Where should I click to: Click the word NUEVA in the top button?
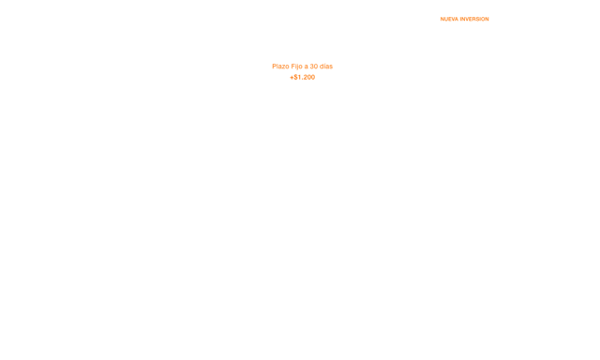pyautogui.click(x=449, y=19)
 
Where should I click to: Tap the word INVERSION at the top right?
pyautogui.click(x=474, y=19)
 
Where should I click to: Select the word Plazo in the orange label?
pyautogui.click(x=280, y=67)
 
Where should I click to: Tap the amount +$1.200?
pyautogui.click(x=302, y=77)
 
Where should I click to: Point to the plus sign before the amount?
pyautogui.click(x=292, y=77)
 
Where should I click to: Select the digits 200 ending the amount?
pyautogui.click(x=309, y=77)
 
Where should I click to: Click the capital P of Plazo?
pyautogui.click(x=274, y=67)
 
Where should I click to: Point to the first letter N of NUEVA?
pyautogui.click(x=442, y=19)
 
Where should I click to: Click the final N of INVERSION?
pyautogui.click(x=487, y=19)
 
